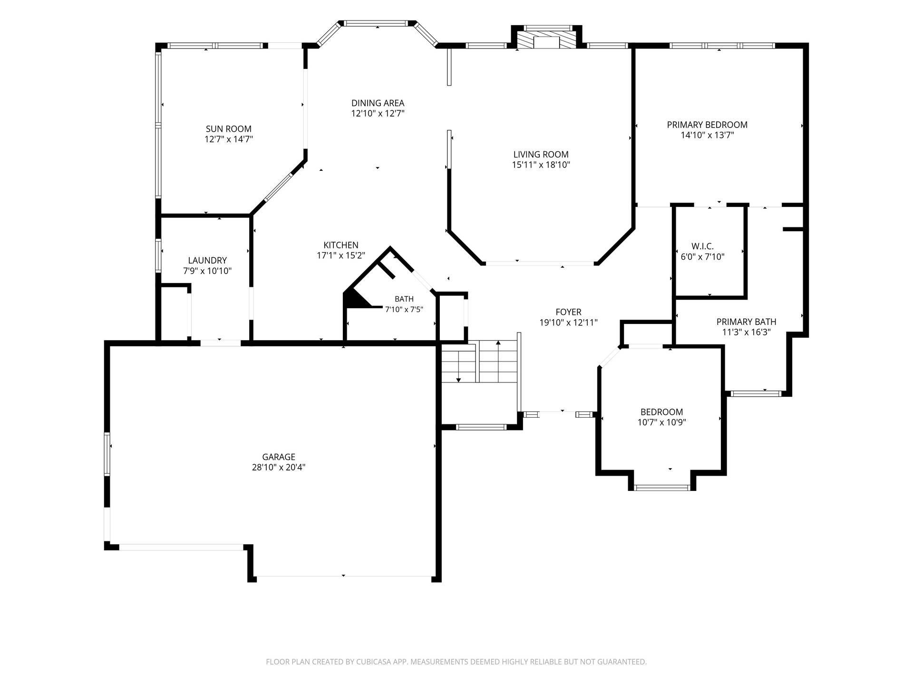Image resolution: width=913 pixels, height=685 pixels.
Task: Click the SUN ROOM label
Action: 228,129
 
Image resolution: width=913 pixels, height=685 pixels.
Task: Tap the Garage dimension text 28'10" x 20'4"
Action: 279,467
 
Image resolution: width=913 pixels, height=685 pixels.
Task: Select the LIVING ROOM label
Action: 541,155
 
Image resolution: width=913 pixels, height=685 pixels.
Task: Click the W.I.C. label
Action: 702,246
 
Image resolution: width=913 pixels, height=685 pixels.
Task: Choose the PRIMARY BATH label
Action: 746,322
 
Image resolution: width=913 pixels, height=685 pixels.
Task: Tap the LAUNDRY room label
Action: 207,260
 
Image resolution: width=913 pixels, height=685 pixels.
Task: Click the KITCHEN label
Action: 341,245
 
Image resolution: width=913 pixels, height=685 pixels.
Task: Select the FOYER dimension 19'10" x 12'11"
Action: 569,323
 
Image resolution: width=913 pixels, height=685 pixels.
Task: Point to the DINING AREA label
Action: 378,103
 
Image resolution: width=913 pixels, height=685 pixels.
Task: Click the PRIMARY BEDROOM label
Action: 707,125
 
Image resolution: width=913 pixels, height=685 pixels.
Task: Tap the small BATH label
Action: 404,299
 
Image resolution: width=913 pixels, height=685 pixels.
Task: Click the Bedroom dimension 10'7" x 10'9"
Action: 662,422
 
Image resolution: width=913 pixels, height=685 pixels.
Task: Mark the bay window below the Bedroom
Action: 662,488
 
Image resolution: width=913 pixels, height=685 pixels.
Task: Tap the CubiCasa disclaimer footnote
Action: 456,662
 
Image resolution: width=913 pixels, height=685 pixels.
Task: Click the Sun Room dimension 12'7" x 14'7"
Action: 229,139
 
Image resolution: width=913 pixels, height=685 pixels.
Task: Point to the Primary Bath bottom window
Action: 756,393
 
